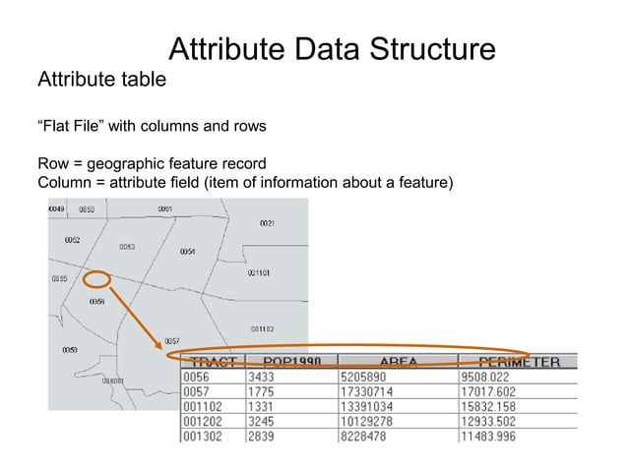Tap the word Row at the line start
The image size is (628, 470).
[54, 163]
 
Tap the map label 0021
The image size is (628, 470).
[267, 224]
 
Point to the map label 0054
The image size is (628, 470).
[187, 252]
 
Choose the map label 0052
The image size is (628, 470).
[73, 239]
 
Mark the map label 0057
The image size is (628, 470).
[171, 340]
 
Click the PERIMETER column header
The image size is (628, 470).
[519, 361]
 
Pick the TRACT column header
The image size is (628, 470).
[212, 361]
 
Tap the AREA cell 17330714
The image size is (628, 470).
[368, 390]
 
